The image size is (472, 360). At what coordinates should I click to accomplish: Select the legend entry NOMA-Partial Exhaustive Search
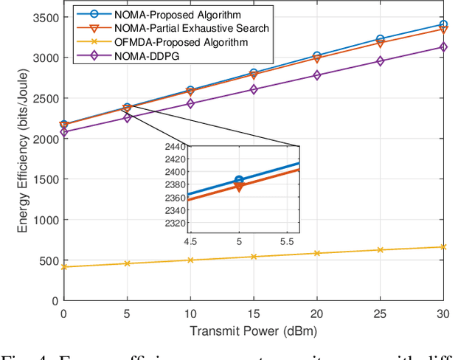(157, 27)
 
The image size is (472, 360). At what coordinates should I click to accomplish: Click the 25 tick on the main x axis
(380, 313)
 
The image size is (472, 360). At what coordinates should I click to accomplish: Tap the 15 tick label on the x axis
(254, 313)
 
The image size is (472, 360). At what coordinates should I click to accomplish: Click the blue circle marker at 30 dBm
(442, 24)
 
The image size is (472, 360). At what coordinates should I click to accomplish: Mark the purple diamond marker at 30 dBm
(442, 47)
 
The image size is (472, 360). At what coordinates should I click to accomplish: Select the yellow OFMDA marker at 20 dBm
(316, 253)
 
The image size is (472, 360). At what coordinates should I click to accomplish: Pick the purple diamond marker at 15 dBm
(254, 89)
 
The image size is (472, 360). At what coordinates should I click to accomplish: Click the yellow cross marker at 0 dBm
(64, 266)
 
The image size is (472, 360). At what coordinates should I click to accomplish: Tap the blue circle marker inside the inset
(238, 180)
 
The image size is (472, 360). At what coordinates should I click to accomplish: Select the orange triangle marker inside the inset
(238, 187)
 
